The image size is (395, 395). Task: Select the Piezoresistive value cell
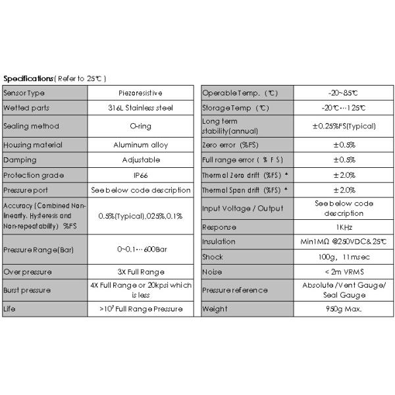click(140, 93)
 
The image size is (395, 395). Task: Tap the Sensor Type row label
click(24, 93)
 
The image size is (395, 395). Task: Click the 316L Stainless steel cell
click(140, 107)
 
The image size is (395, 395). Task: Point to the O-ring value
click(140, 126)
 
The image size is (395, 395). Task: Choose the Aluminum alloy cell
click(140, 145)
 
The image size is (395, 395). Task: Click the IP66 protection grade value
click(140, 175)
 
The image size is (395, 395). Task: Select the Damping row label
click(20, 160)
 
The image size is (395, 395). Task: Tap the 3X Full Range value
click(140, 271)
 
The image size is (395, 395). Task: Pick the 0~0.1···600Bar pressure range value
click(140, 250)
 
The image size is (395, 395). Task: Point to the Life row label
click(10, 308)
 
